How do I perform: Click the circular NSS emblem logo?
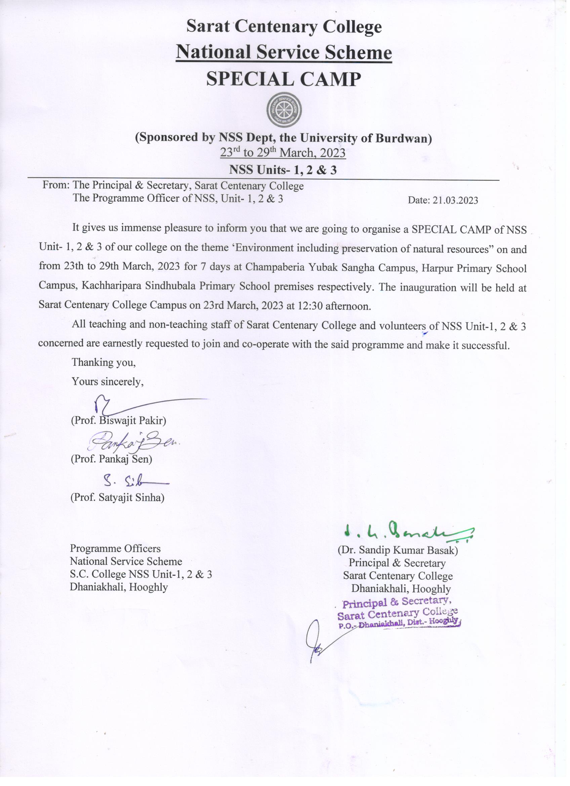coord(283,110)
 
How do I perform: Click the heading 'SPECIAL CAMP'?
coord(283,79)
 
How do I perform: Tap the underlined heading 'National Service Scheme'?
coord(283,53)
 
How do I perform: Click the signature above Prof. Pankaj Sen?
coord(135,440)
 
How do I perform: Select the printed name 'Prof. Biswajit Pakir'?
coord(119,421)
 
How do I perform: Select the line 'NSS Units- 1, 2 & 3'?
coord(283,170)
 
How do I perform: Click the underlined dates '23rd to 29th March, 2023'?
coord(283,153)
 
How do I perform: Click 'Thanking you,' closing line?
coord(103,362)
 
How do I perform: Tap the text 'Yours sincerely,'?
coord(108,382)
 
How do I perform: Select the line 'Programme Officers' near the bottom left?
coord(115,549)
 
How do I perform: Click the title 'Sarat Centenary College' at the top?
coord(283,26)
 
